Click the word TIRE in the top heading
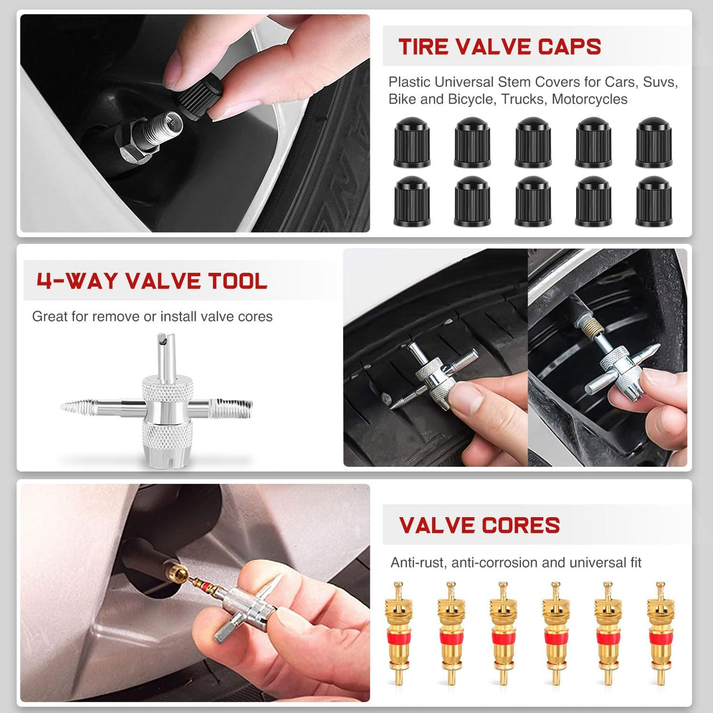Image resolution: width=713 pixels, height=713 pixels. pos(423,47)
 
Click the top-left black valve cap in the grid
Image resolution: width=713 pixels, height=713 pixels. pos(412,142)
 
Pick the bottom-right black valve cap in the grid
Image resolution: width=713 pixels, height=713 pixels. pos(653,201)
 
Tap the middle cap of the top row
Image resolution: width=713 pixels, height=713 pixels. pos(533,142)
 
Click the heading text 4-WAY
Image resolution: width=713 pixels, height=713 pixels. pos(77,281)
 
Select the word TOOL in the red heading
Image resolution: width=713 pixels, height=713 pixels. pos(237,281)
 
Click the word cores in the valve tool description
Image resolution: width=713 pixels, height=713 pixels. pos(255,317)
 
